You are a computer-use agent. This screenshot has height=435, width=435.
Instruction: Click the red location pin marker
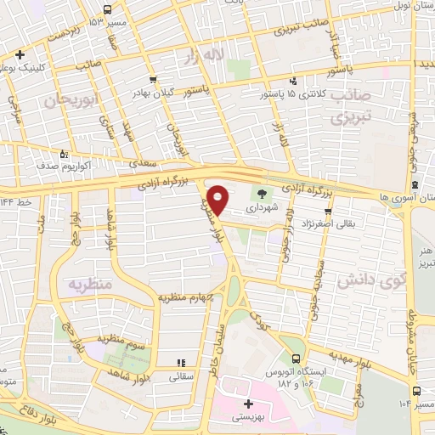pyautogui.click(x=217, y=198)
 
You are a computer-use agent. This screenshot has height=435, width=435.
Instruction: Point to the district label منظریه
pyautogui.click(x=90, y=283)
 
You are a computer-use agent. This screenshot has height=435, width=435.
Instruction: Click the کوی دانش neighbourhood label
pyautogui.click(x=369, y=280)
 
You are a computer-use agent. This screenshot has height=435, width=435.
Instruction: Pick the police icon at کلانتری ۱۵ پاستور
pyautogui.click(x=293, y=81)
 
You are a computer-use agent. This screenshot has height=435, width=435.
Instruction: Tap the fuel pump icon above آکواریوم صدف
pyautogui.click(x=64, y=155)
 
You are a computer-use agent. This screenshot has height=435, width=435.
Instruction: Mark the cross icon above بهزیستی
pyautogui.click(x=248, y=404)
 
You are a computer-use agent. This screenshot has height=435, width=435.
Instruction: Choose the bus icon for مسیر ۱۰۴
pyautogui.click(x=416, y=392)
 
